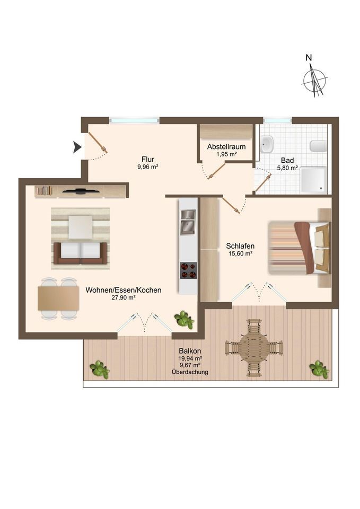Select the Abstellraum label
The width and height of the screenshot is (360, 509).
[226, 147]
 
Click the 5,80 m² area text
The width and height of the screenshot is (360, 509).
[287, 168]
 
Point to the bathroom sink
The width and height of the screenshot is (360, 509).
[267, 144]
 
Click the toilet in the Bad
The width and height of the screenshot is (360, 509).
[318, 146]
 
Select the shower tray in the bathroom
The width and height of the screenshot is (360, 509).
[313, 180]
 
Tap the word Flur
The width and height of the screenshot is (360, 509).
[148, 160]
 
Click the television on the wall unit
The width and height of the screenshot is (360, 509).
[81, 191]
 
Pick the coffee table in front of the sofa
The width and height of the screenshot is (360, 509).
[81, 227]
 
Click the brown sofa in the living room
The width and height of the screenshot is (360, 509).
[81, 253]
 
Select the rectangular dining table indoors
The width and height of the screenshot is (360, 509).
[58, 299]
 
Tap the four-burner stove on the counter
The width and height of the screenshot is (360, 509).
[188, 270]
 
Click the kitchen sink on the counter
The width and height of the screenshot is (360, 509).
[188, 222]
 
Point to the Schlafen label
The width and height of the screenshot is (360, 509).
[240, 246]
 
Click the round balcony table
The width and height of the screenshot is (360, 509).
[254, 348]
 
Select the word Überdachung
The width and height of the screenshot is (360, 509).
[190, 372]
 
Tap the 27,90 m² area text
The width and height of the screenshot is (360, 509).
[124, 297]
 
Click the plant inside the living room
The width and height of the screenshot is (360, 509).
[185, 320]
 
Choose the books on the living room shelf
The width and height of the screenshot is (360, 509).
[44, 190]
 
